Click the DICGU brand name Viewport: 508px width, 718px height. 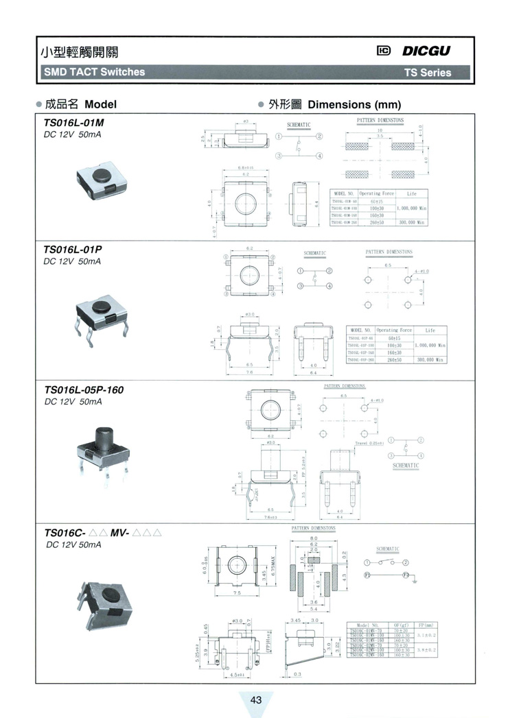click(426, 51)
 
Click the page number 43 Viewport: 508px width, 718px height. click(256, 700)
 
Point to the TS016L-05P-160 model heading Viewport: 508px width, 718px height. click(83, 390)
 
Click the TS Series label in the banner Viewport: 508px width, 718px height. click(427, 72)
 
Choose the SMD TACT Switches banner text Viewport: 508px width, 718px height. click(94, 72)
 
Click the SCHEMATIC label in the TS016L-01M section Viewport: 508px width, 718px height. click(299, 125)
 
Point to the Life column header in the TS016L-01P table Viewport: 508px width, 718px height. click(430, 330)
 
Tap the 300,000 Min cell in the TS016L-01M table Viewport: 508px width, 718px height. click(412, 222)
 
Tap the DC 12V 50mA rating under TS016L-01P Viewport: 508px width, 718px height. click(72, 262)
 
